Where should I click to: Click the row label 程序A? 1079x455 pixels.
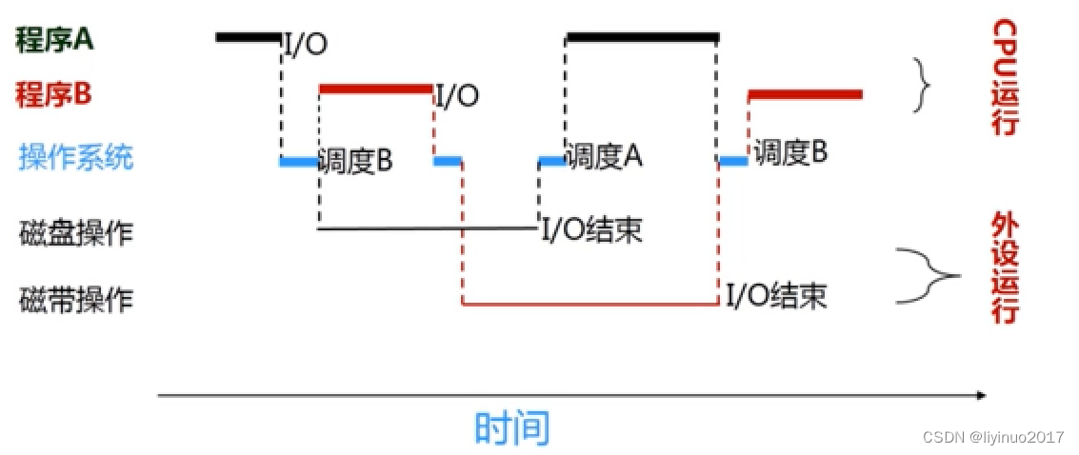[54, 40]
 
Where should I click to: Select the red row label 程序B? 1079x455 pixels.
[53, 94]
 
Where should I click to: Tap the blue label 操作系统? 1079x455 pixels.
[76, 157]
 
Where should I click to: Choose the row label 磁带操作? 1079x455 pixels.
[76, 300]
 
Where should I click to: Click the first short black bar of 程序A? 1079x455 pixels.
[249, 38]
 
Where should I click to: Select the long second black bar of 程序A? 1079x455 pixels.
[641, 38]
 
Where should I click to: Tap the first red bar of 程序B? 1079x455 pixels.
[375, 89]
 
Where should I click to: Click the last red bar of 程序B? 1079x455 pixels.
[805, 94]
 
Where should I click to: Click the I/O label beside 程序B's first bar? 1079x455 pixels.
[457, 95]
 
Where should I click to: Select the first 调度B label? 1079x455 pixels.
[354, 161]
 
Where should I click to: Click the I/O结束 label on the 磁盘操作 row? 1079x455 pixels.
[590, 229]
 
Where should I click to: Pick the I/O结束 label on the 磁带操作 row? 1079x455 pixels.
[776, 295]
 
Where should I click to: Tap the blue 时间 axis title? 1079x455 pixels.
[512, 427]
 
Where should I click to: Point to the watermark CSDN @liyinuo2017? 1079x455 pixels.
[992, 437]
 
